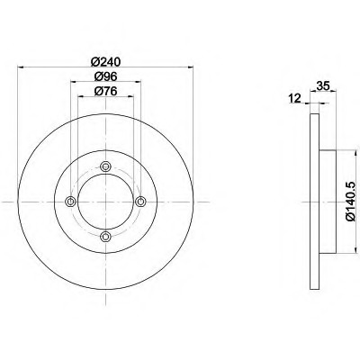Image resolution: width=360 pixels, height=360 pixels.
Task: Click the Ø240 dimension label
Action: click(105, 62)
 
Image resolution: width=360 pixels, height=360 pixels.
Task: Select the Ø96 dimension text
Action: click(105, 76)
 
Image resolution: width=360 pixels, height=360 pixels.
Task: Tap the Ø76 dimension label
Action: click(105, 92)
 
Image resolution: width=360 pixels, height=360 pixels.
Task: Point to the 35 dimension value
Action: click(323, 86)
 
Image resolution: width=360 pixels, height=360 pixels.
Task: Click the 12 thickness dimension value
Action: click(294, 98)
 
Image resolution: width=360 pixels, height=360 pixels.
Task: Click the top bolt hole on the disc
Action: click(105, 166)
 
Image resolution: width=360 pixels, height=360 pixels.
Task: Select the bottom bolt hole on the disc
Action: click(105, 237)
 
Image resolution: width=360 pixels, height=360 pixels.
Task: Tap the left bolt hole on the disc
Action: click(70, 202)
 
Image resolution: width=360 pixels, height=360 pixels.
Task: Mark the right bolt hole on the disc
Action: click(140, 202)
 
